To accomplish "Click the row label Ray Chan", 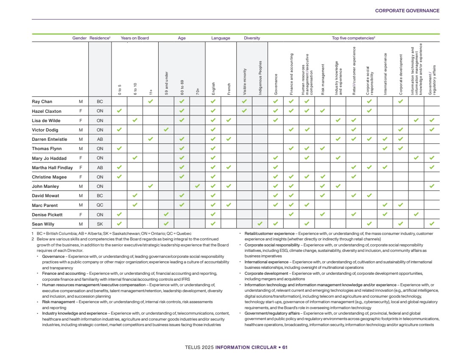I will pos(42,102).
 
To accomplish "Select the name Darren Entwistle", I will pos(49,139).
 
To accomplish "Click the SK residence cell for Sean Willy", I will pos(100,223).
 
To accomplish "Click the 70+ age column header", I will pos(198,91).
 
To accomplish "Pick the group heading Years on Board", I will pos(134,38).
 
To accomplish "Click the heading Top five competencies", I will pos(353,38).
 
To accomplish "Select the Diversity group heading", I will pos(252,38).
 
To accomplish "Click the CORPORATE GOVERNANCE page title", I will pos(407,11).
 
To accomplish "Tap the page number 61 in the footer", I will pos(285,347).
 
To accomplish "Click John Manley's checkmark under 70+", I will pos(198,186).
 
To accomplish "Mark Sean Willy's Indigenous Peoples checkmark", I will pos(260,223).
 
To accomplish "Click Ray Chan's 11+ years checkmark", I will pos(151,102).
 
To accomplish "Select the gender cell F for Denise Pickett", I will pos(80,214).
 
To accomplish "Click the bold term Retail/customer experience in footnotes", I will pos(269,234).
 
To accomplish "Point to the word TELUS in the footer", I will pos(193,347).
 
